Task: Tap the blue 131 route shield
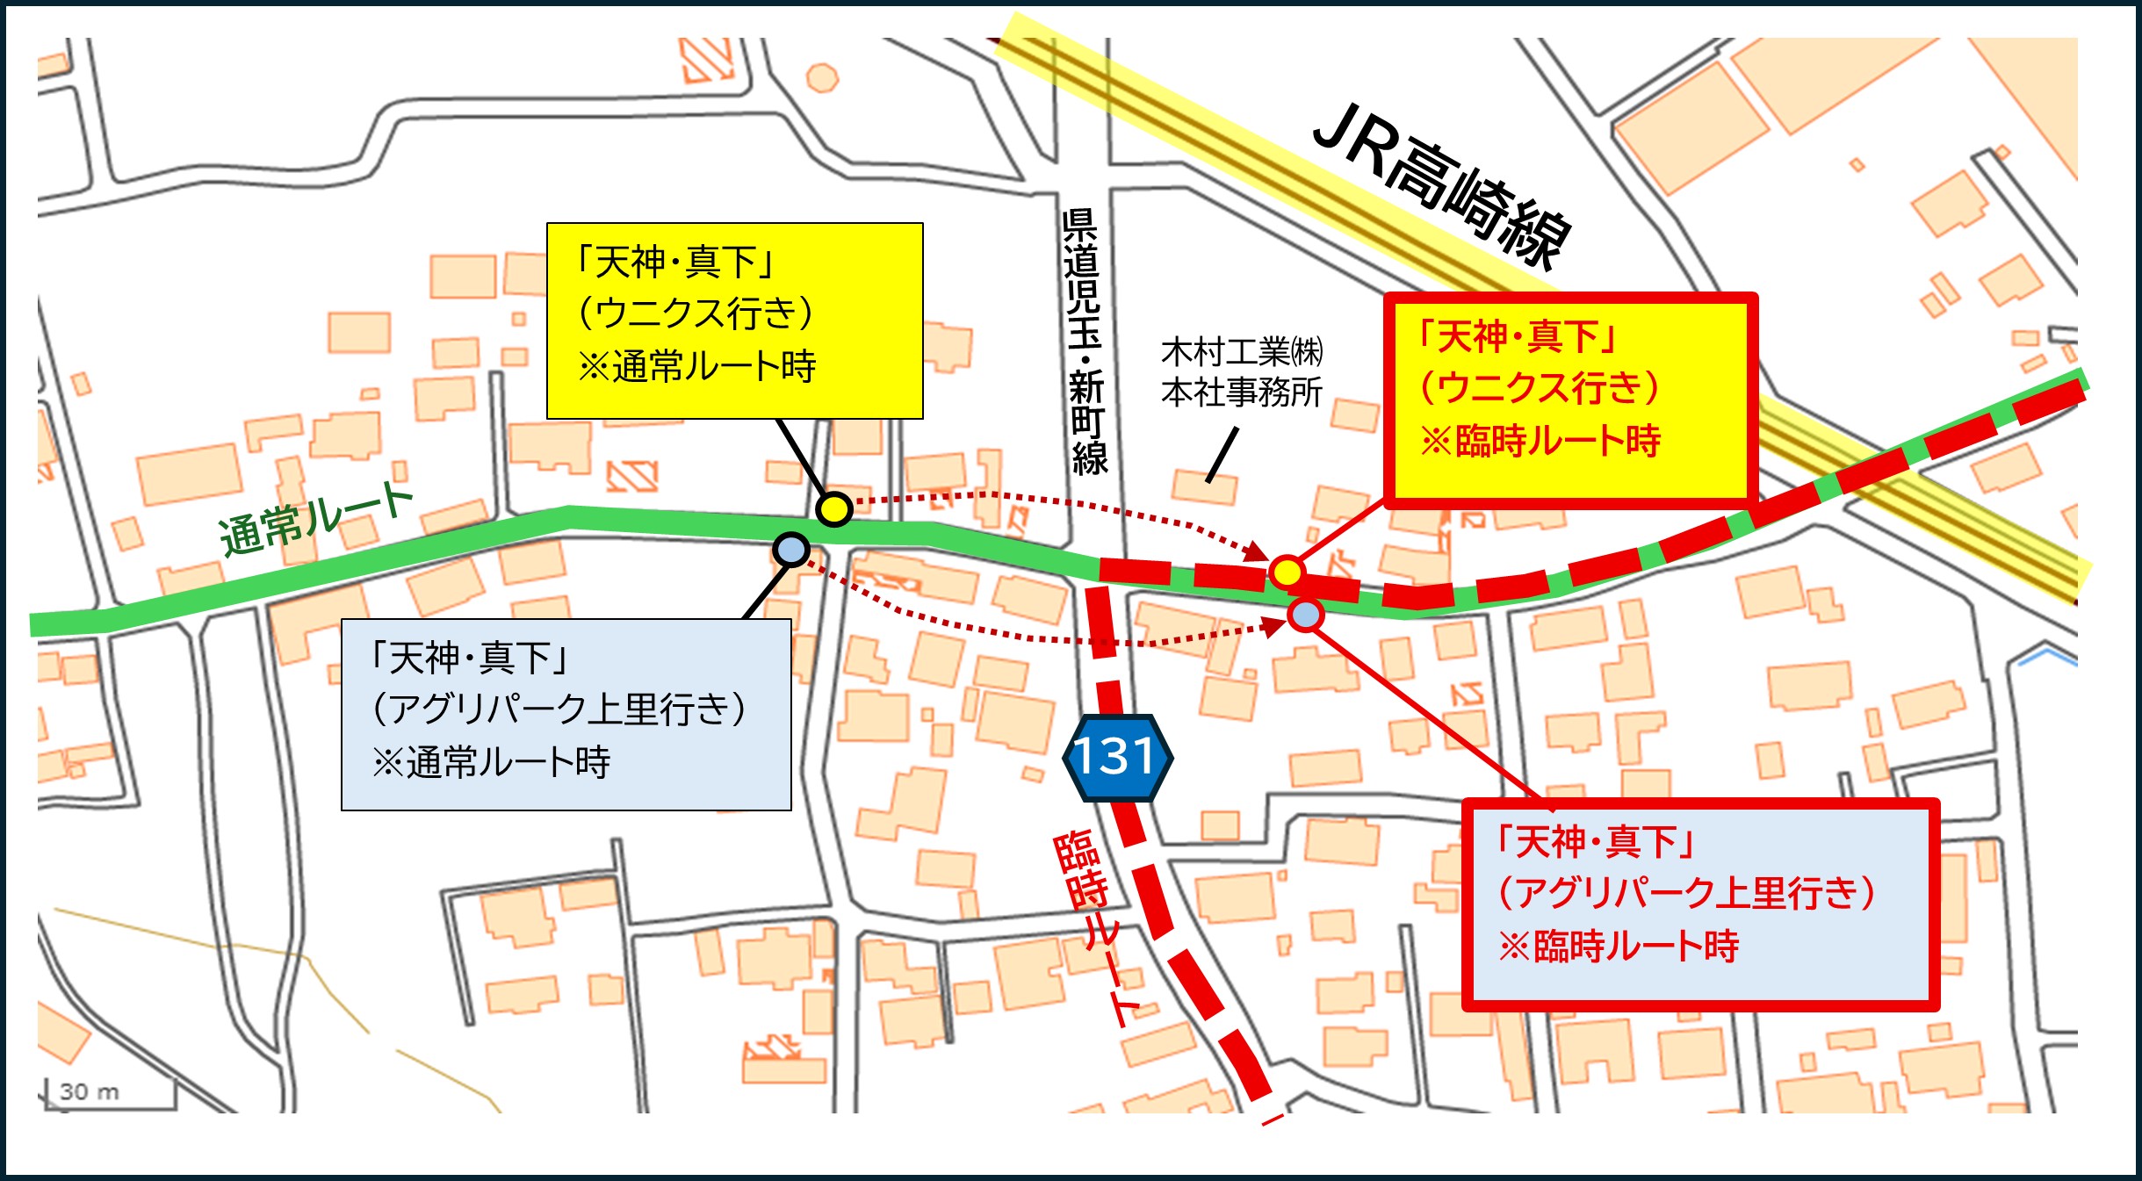click(1116, 756)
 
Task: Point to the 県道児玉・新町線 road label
click(1084, 342)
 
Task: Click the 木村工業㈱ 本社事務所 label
click(1241, 372)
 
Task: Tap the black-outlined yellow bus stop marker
click(833, 509)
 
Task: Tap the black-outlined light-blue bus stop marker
click(791, 551)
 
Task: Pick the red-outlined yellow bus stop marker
click(1287, 572)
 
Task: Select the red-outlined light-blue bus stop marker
click(1306, 614)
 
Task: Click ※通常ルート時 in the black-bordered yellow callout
click(696, 367)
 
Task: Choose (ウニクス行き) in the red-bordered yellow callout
click(1540, 387)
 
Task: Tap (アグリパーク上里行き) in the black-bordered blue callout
click(559, 709)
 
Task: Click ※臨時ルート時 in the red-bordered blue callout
click(1619, 947)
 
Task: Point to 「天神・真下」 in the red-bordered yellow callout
click(1518, 336)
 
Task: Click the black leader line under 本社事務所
click(1222, 455)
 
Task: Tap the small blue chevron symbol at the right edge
click(2049, 655)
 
